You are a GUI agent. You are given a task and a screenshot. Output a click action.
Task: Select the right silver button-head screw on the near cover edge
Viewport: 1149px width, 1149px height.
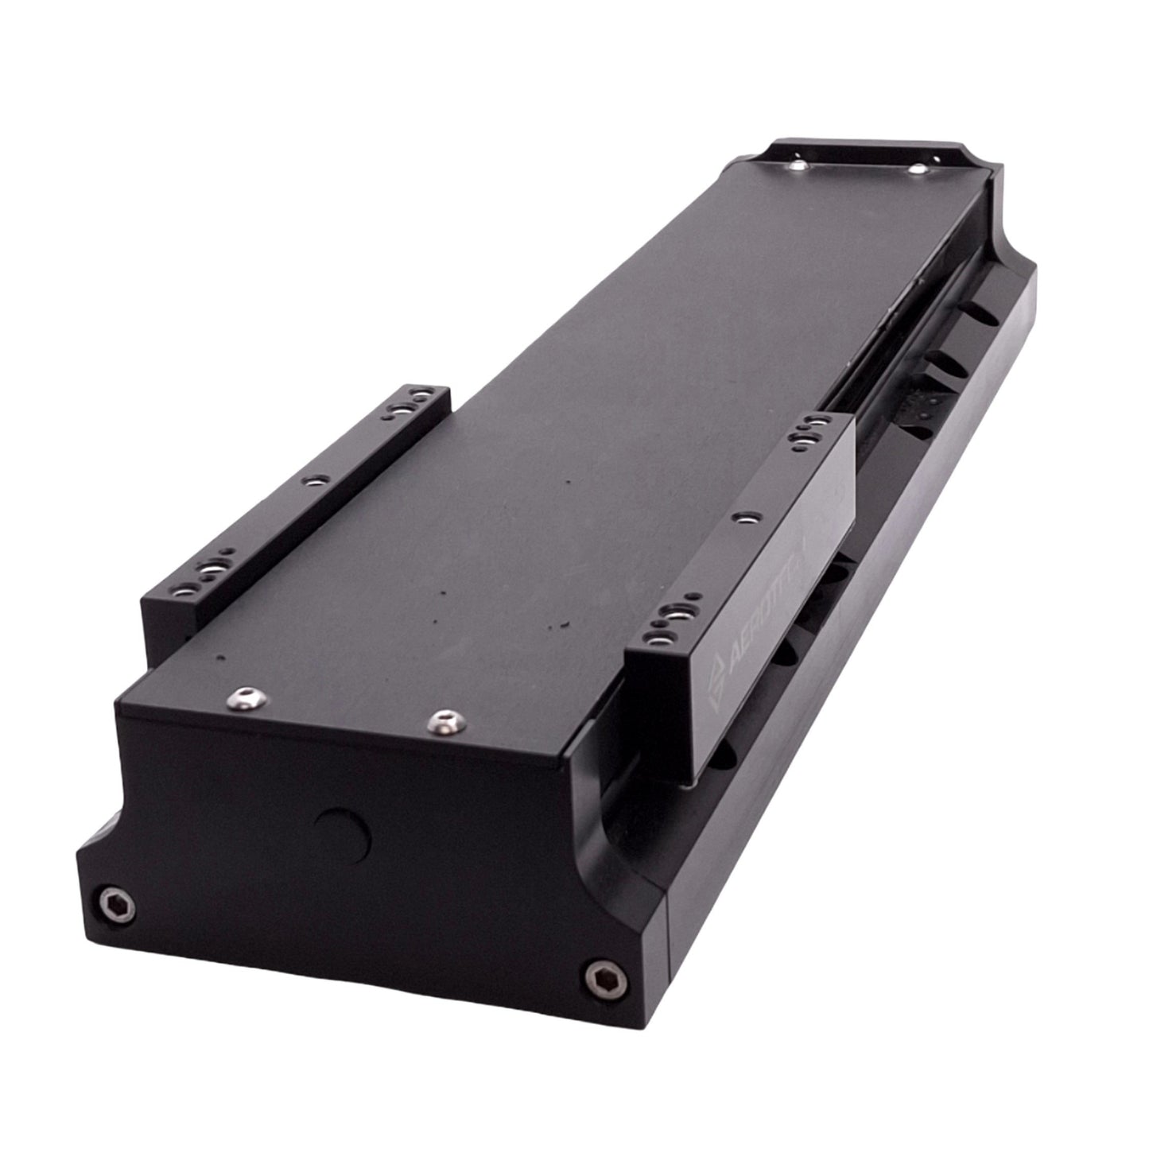tap(441, 720)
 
